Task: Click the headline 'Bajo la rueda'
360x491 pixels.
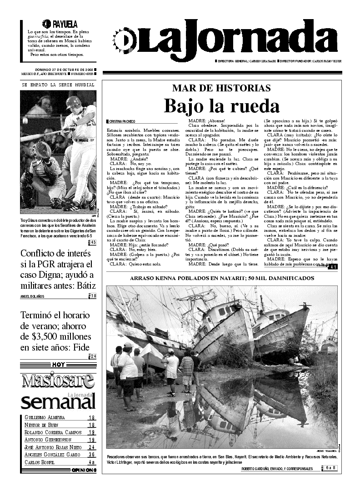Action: tap(221, 106)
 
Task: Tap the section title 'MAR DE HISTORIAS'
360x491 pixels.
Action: tap(221, 88)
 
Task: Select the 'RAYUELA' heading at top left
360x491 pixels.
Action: tap(64, 24)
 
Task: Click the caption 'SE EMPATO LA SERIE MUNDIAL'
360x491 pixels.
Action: tap(58, 85)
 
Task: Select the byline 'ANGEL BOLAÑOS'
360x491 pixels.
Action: tap(35, 297)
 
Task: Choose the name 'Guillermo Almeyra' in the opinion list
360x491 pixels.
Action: tap(45, 417)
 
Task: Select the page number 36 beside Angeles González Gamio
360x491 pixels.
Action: tap(91, 454)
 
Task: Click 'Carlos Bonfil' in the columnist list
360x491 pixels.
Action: tap(40, 462)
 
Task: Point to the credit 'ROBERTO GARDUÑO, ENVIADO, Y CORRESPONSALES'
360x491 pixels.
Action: tap(277, 468)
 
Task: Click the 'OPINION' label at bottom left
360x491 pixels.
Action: tap(84, 470)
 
